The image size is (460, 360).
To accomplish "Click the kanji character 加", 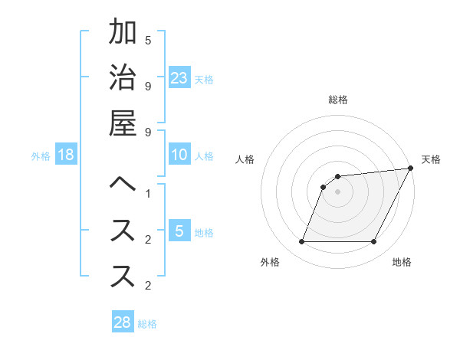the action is pos(123,34).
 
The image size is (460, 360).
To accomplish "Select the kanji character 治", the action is pos(123,78).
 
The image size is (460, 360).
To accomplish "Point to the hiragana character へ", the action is pos(123,185).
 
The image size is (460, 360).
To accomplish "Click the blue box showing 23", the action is pos(179,77).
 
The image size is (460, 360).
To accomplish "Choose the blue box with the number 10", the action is pos(179,155).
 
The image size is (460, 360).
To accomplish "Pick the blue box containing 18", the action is pos(66,155).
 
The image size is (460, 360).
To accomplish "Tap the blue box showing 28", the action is pos(123,322).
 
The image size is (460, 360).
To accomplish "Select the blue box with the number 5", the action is pos(179,231).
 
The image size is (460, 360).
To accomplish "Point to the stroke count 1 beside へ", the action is pos(148,192).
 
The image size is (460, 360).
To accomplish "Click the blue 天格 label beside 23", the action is pos(204,79).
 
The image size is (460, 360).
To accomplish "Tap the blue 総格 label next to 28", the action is pos(147,324).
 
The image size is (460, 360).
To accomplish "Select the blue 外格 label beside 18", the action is pos(41,156).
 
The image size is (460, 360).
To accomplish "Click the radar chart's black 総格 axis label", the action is pos(338,100).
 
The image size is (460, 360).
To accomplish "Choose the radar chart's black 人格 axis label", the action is pos(245,159).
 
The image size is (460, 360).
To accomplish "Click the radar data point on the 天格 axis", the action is pos(410,169).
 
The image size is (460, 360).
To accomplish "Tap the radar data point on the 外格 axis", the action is pos(301,242).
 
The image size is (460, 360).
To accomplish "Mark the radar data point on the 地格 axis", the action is pos(374,242).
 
